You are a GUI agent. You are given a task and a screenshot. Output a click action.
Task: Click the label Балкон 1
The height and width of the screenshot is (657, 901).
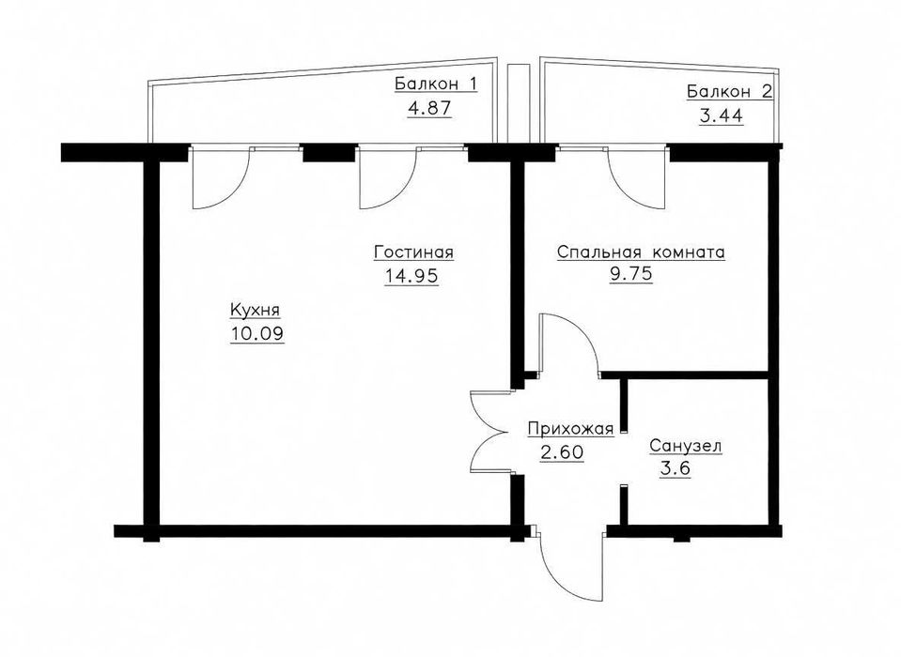[x=436, y=84]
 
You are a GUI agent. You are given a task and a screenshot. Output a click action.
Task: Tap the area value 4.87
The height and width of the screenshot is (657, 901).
[x=429, y=109]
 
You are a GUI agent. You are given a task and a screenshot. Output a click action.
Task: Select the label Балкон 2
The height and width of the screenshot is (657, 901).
[x=730, y=92]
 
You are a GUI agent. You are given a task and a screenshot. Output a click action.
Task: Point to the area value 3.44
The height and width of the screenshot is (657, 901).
[x=722, y=115]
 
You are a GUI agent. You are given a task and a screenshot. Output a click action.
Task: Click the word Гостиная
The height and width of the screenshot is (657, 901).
[x=413, y=252]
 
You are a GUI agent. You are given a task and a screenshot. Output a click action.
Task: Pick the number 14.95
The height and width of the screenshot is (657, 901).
[x=412, y=276]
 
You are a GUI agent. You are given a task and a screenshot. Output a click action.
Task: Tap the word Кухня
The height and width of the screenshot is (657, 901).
[x=256, y=310]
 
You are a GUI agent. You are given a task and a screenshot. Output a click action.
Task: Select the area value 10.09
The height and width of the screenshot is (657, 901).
[x=257, y=333]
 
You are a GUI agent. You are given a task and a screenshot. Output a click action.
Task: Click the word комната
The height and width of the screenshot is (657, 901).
[x=689, y=253]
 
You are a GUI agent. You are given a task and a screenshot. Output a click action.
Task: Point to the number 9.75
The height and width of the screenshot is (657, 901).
[x=631, y=274]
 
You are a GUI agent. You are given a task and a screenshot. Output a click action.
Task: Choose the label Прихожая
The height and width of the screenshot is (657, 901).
[x=571, y=429]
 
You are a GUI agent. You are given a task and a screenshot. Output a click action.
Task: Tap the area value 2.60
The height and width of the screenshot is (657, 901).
[x=562, y=452]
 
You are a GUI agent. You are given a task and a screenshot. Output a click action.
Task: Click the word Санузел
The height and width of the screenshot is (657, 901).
[x=686, y=446]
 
